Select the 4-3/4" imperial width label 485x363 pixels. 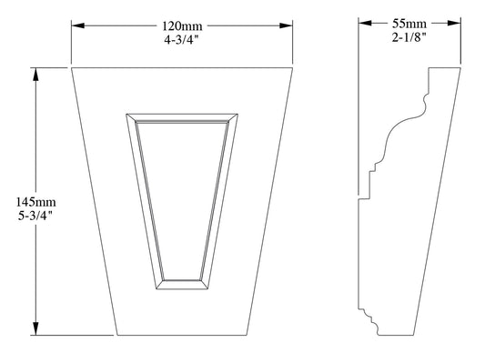click(x=182, y=40)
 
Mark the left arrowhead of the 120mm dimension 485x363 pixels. click(x=77, y=26)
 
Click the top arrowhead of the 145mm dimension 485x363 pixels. click(x=35, y=74)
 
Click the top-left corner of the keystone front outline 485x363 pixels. click(x=71, y=67)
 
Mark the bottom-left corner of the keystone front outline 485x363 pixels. click(x=116, y=336)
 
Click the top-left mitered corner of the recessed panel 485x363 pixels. click(x=126, y=114)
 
